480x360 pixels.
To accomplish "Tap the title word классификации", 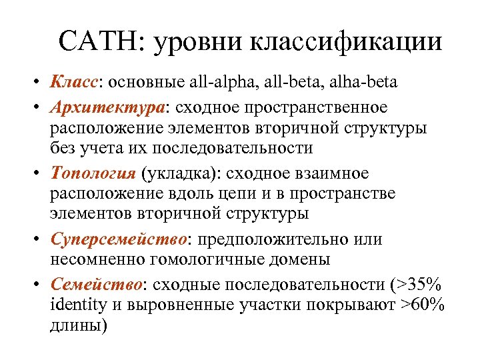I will pyautogui.click(x=346, y=43).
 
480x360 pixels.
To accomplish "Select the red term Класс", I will pyautogui.click(x=73, y=83).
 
